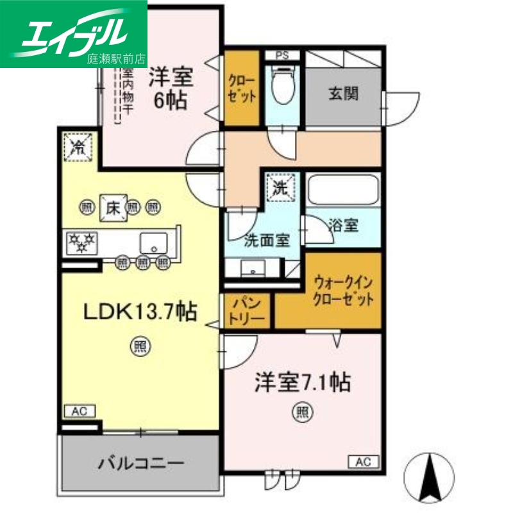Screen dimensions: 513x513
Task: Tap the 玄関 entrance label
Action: pos(344,93)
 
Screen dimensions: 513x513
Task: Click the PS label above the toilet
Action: pos(282,55)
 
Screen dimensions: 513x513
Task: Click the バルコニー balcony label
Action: pos(142,462)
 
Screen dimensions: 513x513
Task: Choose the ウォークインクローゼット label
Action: pos(343,290)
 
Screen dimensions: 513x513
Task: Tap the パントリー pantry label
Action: pos(247,310)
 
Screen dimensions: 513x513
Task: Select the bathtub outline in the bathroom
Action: pos(343,190)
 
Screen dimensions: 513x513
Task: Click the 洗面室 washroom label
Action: pos(266,240)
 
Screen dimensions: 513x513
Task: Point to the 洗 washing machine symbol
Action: pos(280,188)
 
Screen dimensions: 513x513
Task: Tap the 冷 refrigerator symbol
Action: pos(78,147)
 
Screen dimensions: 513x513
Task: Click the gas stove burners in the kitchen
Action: pos(82,242)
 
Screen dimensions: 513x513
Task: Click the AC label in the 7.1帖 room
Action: pos(364,460)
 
